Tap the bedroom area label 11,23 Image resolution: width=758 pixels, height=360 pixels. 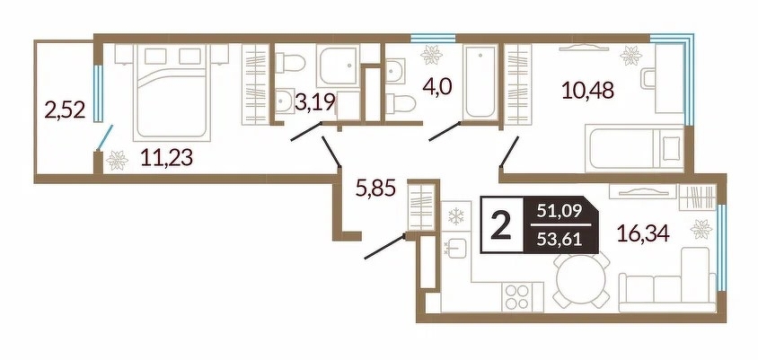point(166,157)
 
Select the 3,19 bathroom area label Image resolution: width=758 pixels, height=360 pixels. point(315,103)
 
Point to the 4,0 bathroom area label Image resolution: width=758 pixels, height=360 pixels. point(436,89)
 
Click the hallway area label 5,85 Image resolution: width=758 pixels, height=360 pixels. point(375,187)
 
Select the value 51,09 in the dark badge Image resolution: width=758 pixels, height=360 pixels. point(560,211)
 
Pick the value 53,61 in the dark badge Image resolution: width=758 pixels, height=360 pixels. point(560,238)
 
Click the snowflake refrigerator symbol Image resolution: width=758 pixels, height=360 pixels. point(456,216)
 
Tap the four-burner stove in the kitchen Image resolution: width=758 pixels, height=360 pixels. point(516,295)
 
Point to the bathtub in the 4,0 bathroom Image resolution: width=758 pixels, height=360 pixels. point(480,83)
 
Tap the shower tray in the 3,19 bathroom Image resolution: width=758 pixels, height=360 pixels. point(339,66)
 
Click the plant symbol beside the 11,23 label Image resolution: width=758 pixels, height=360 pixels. point(117,161)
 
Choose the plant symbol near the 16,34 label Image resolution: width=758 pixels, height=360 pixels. point(701,229)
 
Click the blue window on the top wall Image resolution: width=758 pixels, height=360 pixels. point(433,38)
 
